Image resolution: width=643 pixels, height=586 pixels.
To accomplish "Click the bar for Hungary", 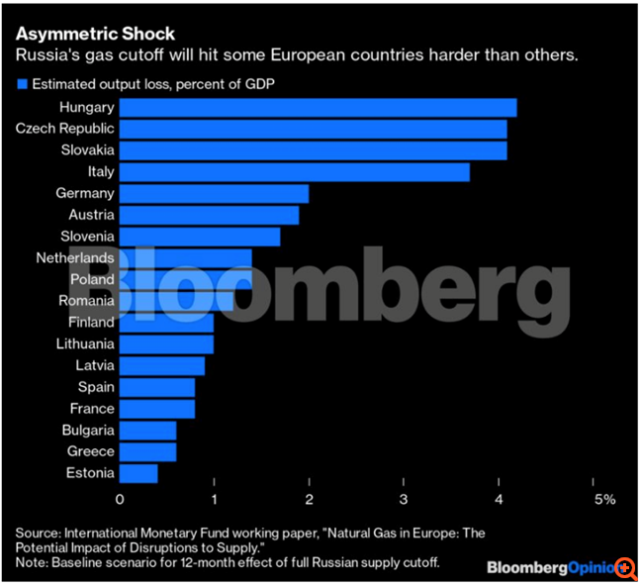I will [x=318, y=107].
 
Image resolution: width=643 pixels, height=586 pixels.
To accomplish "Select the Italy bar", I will [x=294, y=172].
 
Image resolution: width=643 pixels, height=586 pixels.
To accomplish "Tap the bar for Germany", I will [x=214, y=193].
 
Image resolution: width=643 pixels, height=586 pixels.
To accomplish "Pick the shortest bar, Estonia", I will [x=138, y=473].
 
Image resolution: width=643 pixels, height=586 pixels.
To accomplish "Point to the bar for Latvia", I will [x=161, y=365].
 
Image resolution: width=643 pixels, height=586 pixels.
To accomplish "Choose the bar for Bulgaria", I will [x=147, y=431].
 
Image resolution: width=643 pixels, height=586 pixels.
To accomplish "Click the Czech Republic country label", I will [x=65, y=129].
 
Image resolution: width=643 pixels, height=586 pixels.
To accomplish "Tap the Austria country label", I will [x=92, y=215].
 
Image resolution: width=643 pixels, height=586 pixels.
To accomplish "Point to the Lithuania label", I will [x=83, y=343].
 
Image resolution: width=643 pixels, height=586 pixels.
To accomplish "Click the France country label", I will [x=92, y=409].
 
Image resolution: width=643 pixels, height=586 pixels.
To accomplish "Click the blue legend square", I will [x=22, y=83].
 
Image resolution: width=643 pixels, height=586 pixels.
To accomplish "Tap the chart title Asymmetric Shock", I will [x=95, y=34].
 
